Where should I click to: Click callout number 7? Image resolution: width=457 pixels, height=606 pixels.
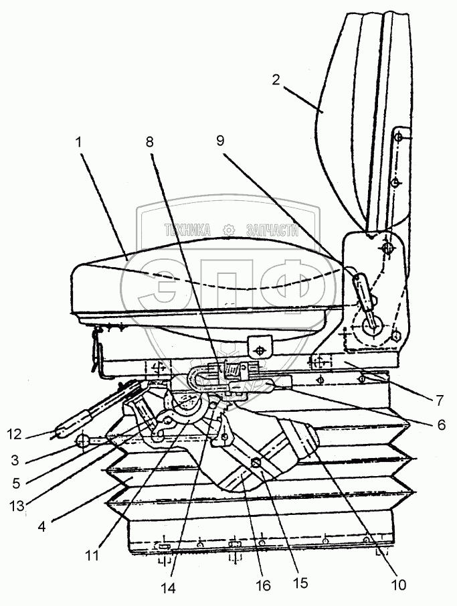(439, 401)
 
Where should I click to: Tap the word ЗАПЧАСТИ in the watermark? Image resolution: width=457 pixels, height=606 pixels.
(271, 230)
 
